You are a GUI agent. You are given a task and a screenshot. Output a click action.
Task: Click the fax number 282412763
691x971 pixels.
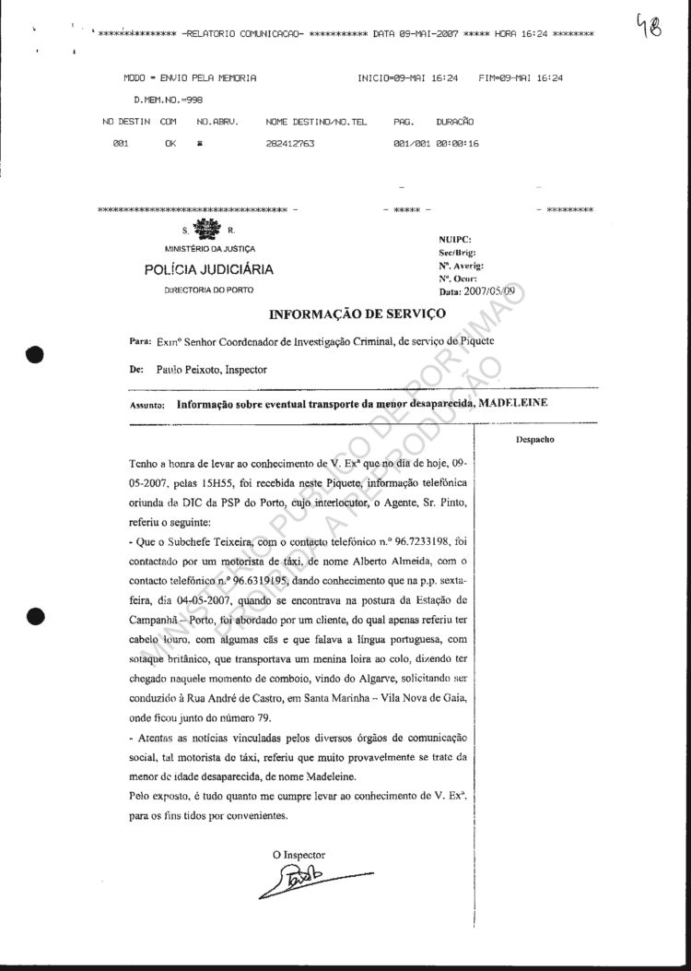pyautogui.click(x=289, y=144)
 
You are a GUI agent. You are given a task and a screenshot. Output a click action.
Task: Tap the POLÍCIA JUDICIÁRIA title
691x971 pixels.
pyautogui.click(x=208, y=269)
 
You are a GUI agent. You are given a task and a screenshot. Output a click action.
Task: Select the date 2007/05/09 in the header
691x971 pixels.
pyautogui.click(x=494, y=291)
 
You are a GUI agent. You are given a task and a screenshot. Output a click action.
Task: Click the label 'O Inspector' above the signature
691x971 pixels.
pyautogui.click(x=299, y=855)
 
